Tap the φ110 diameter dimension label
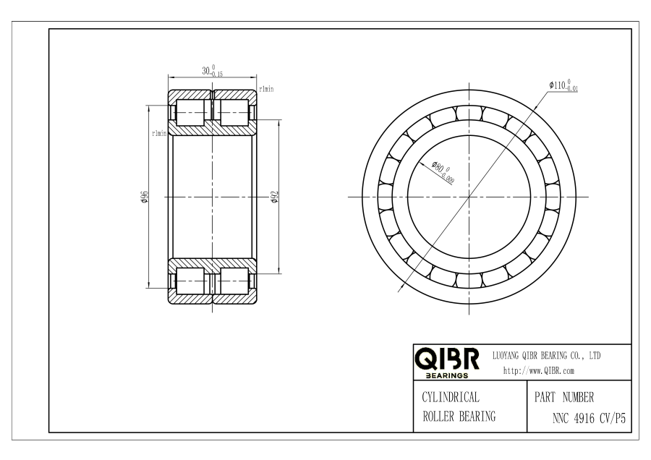tap(563, 85)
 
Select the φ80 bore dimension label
tap(443, 171)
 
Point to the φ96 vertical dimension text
tap(145, 197)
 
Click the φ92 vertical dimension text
tap(274, 197)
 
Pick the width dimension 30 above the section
tap(212, 71)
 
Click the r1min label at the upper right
tap(266, 89)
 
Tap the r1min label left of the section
tap(159, 133)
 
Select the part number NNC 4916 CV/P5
tap(589, 418)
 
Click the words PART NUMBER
tap(563, 397)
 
